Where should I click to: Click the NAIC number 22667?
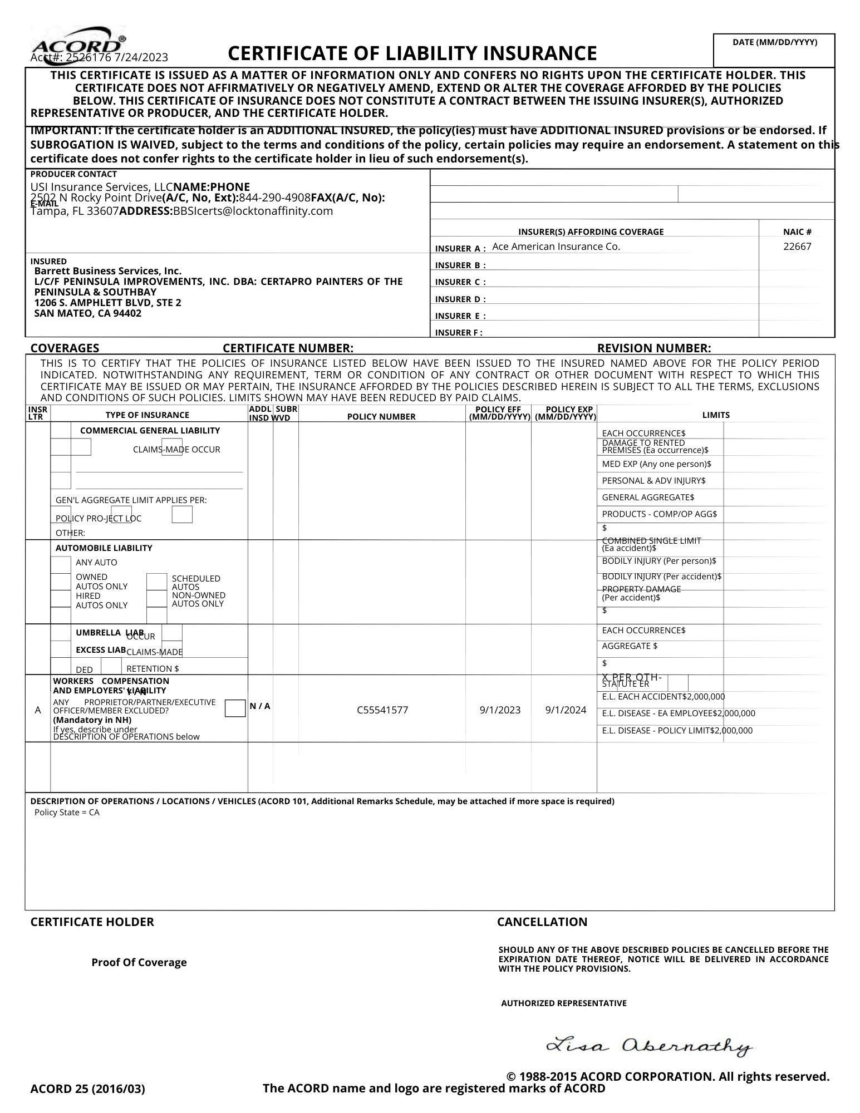coord(797,247)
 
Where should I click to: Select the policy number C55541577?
coord(382,710)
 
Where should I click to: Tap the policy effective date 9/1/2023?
coord(500,710)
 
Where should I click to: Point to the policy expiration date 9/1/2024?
coord(566,710)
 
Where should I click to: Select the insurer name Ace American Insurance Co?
coord(556,247)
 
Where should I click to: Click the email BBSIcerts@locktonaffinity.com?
coord(253,211)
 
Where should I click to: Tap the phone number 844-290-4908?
coord(274,198)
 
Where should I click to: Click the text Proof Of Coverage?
coord(139,963)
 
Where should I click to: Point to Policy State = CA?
coord(67,812)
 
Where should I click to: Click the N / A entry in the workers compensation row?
coord(260,706)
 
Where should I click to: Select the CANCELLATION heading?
coord(542,922)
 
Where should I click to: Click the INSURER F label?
coord(459,333)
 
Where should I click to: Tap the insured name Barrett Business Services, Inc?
coord(108,271)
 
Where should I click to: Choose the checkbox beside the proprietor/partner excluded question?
coord(235,709)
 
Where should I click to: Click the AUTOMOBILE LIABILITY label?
coord(104,548)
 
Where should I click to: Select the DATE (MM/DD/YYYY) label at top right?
coord(774,42)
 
